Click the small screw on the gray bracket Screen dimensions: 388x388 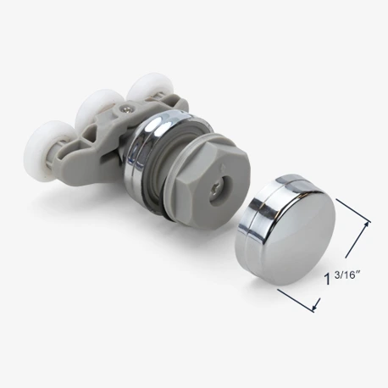(x=125, y=108)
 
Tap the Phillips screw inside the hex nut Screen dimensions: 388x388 (x=219, y=193)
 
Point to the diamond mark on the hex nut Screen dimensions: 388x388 (x=223, y=166)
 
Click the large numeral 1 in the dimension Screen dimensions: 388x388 (x=328, y=279)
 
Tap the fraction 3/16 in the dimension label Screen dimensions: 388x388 (x=348, y=274)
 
